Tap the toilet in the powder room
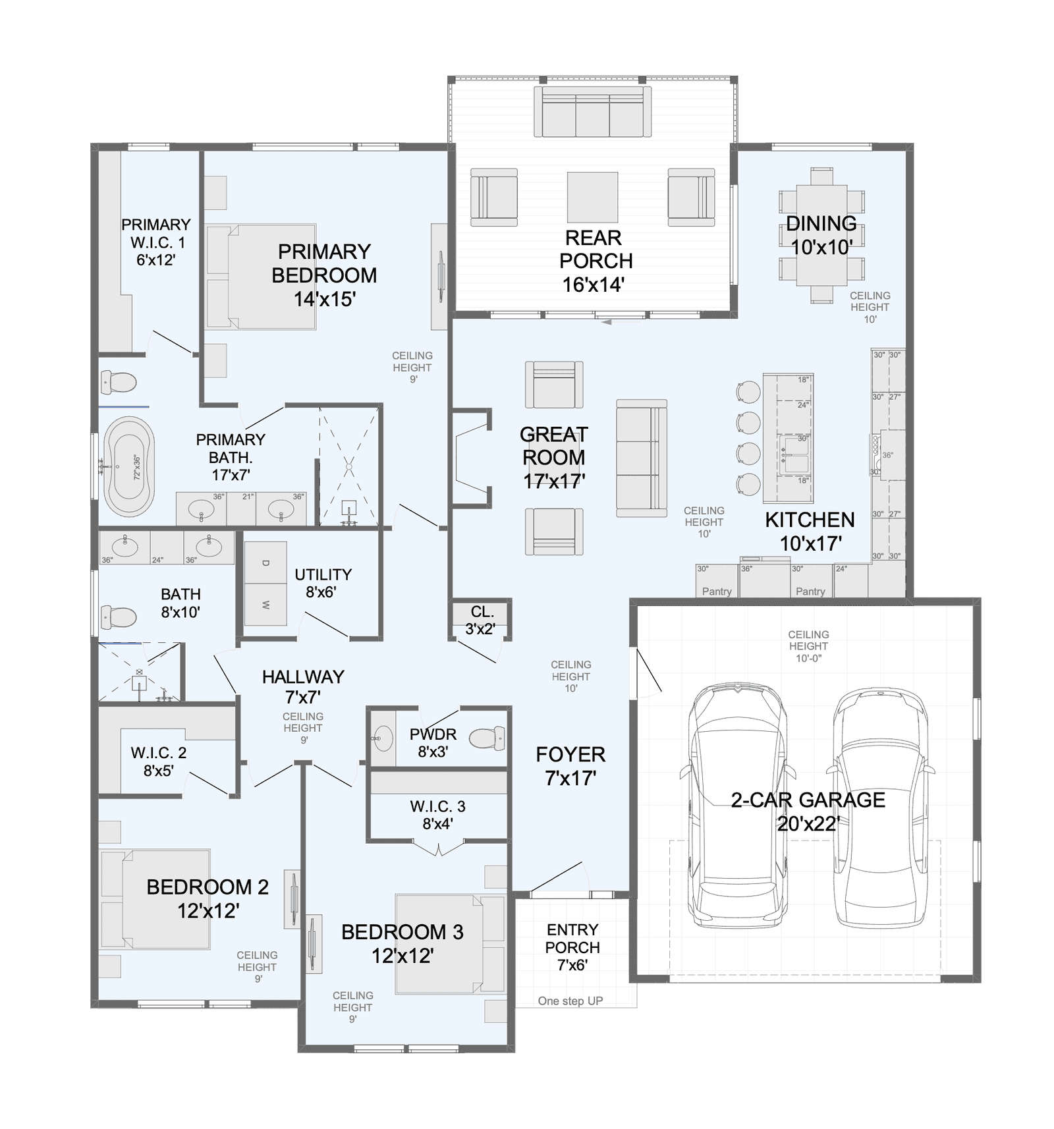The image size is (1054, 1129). (x=488, y=738)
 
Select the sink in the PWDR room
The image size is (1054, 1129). (x=381, y=738)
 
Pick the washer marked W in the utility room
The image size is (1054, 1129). (x=265, y=605)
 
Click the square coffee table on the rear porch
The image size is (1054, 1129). (x=593, y=197)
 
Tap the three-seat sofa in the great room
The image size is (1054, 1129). (x=642, y=458)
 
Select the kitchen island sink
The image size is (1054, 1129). (x=794, y=454)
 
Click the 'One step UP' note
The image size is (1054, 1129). (x=570, y=1001)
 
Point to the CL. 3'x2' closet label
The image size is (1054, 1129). (x=482, y=620)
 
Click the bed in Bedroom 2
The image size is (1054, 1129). (x=155, y=899)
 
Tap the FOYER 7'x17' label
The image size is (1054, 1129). (x=570, y=766)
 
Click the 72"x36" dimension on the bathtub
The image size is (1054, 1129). (x=137, y=467)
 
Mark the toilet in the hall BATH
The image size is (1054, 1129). (x=119, y=617)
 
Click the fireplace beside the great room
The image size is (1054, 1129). (x=471, y=458)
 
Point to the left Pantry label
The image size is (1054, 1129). (x=717, y=592)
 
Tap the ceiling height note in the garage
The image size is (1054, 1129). (x=808, y=646)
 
